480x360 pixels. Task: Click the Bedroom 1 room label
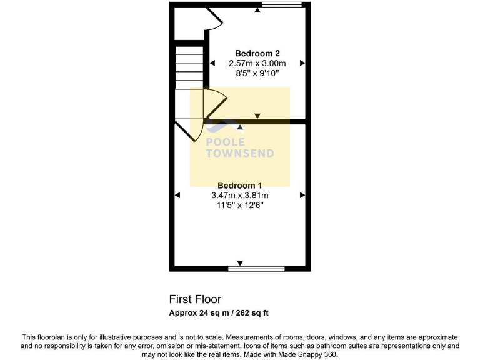(239, 186)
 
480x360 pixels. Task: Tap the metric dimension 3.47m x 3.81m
(239, 196)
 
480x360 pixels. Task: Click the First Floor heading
(195, 299)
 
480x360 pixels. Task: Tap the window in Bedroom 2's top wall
(282, 6)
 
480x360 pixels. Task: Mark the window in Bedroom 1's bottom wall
(256, 269)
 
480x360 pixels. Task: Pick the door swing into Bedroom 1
(187, 131)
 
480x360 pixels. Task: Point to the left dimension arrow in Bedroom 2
(212, 63)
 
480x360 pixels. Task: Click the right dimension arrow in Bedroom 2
(302, 63)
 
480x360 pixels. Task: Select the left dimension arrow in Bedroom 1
(177, 196)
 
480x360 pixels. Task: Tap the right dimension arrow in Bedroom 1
(302, 196)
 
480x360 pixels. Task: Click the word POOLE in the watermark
(226, 142)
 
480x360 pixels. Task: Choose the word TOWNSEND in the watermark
(240, 154)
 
